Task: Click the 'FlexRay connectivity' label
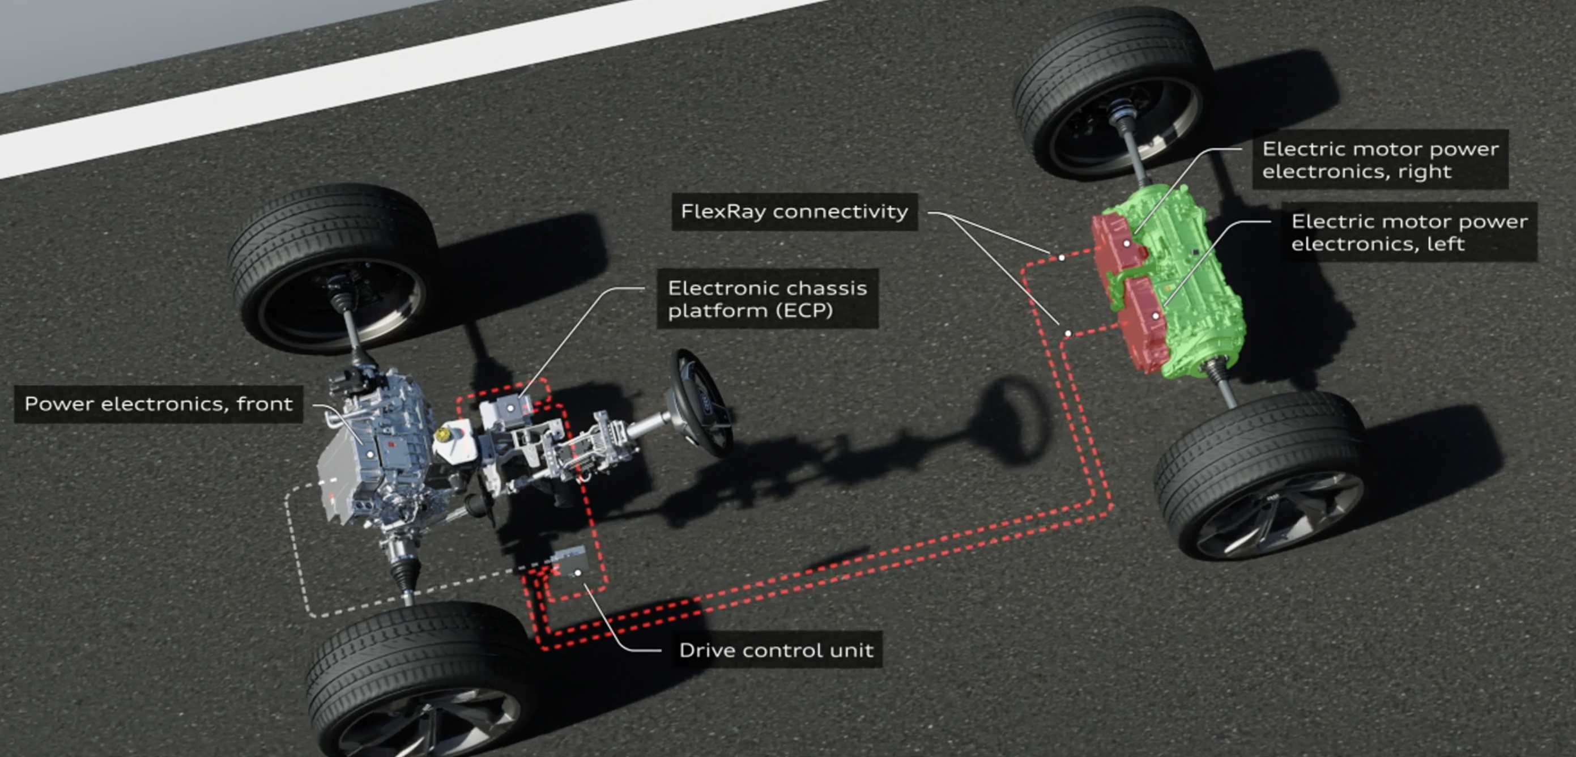click(794, 212)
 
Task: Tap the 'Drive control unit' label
click(776, 650)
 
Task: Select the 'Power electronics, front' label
click(159, 404)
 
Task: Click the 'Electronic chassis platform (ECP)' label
click(767, 299)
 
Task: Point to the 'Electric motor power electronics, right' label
click(1380, 160)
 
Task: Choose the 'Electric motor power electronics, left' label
click(1409, 232)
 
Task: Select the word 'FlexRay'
click(724, 212)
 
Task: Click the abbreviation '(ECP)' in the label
click(804, 311)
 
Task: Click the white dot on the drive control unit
click(577, 573)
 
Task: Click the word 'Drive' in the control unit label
click(704, 650)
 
